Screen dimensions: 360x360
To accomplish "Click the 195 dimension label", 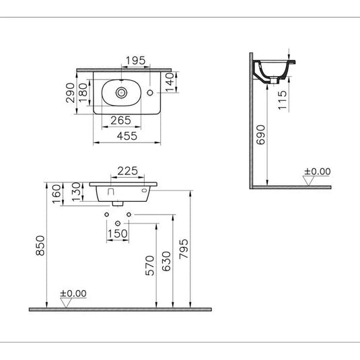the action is tap(136, 61).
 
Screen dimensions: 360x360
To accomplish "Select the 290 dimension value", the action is tap(70, 93).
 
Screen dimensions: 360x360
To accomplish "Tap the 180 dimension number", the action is tap(83, 93).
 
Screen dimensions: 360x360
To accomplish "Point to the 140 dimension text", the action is tap(170, 82).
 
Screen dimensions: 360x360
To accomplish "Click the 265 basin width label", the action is tap(120, 120).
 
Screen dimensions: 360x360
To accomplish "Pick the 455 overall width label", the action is tap(127, 136).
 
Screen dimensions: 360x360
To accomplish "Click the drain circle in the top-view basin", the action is tap(121, 93).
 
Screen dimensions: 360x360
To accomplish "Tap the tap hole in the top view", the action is tap(150, 93).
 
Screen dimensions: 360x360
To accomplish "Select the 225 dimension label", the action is tap(128, 171).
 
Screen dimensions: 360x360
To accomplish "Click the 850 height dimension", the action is tap(40, 246).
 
